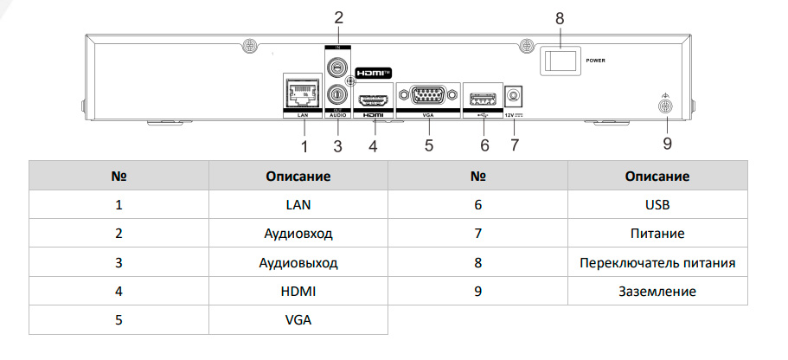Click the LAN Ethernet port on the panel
pyautogui.click(x=303, y=93)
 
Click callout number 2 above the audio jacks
pyautogui.click(x=338, y=16)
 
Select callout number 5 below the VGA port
pyautogui.click(x=428, y=145)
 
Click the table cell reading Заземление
pyautogui.click(x=657, y=292)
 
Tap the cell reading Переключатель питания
pyautogui.click(x=657, y=263)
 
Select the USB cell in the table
pyautogui.click(x=657, y=205)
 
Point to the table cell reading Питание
pyautogui.click(x=657, y=234)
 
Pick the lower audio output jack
pyautogui.click(x=337, y=93)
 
